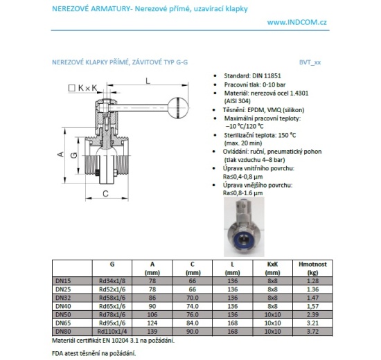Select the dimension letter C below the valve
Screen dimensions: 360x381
click(105, 195)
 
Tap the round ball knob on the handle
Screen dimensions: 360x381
click(176, 107)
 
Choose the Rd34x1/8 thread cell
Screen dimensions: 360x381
click(111, 281)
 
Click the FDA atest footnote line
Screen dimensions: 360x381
click(94, 353)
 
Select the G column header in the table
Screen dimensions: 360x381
click(111, 264)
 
